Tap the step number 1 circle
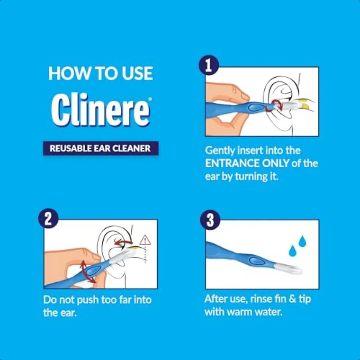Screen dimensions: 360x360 209,65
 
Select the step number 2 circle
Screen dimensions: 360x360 48,218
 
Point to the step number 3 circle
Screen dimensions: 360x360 210,220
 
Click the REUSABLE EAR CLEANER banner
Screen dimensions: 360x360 101,148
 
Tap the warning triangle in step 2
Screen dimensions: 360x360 145,240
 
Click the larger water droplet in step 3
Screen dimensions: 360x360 302,241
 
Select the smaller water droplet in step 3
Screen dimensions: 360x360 292,251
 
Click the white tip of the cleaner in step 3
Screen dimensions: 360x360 289,269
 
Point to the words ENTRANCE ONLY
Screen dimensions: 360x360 247,164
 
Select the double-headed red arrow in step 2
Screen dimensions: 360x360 88,272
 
